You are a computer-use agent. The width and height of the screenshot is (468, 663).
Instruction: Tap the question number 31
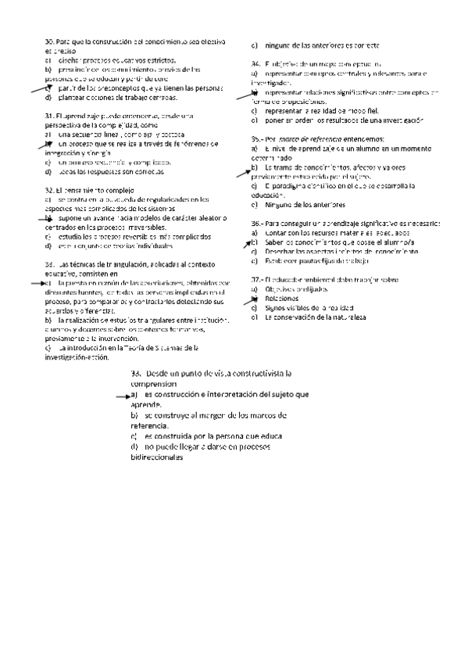48,115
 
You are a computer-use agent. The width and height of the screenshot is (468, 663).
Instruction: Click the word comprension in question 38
154,384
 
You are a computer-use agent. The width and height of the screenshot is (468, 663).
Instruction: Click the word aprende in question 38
146,406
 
